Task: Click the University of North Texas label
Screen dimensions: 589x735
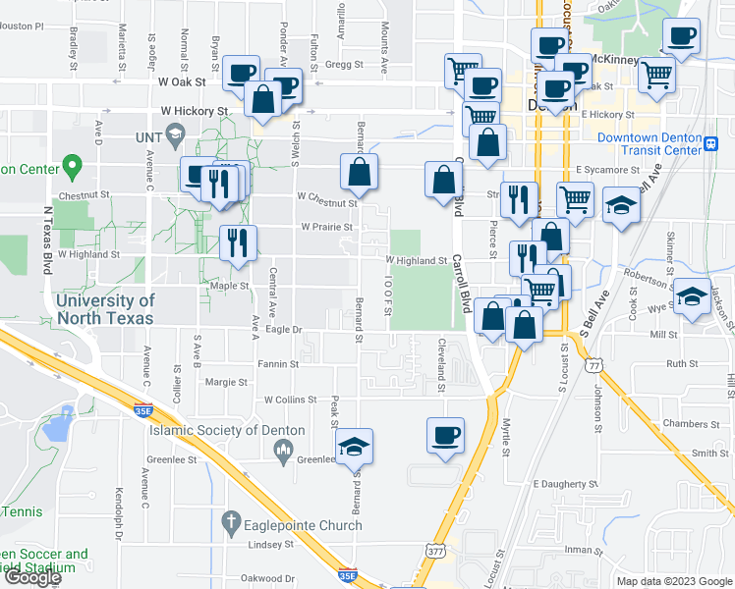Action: click(x=105, y=309)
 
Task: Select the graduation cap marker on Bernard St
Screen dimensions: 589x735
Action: click(x=354, y=446)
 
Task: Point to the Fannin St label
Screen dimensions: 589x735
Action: click(x=279, y=364)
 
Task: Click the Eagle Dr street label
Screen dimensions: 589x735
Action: click(x=283, y=330)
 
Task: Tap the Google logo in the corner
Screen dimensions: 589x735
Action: click(x=32, y=577)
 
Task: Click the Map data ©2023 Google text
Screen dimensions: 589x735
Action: click(x=673, y=581)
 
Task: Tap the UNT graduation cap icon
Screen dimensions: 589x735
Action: click(x=175, y=134)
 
